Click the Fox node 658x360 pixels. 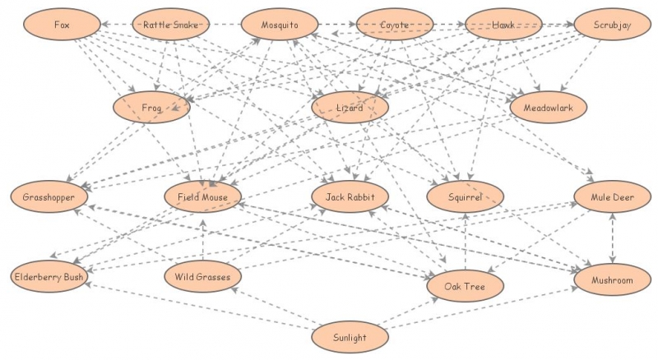tap(63, 25)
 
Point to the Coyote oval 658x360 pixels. tap(395, 25)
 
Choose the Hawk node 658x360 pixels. tap(503, 25)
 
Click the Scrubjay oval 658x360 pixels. tap(612, 25)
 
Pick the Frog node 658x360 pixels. tap(152, 108)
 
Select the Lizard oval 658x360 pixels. tap(350, 108)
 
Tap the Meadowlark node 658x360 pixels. tap(548, 108)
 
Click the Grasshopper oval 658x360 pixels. tap(49, 197)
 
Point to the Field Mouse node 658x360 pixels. tap(202, 197)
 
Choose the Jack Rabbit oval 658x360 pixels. tap(350, 197)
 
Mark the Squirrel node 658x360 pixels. tap(466, 197)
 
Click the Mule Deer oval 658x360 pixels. tap(613, 197)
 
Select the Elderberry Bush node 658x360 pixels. tap(49, 277)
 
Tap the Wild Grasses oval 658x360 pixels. tap(202, 277)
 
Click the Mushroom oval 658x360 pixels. tap(613, 280)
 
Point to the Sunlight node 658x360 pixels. tap(350, 337)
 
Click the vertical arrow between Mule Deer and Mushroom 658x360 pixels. tap(613, 239)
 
